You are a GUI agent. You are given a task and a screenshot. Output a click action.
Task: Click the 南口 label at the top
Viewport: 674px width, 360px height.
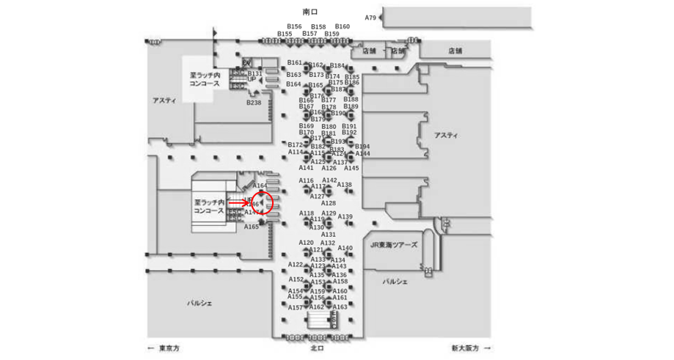[310, 12]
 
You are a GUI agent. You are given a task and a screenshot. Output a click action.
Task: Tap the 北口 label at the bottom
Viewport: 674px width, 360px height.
[317, 348]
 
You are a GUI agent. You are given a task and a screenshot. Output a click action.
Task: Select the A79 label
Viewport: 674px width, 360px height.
[370, 18]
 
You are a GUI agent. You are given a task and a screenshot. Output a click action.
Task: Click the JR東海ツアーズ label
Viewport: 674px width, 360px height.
[393, 245]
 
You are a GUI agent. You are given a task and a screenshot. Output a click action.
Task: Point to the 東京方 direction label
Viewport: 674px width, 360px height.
[166, 348]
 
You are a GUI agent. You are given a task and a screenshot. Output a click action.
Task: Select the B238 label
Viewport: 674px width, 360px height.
[253, 103]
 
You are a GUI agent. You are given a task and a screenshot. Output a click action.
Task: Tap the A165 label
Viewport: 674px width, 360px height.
[252, 227]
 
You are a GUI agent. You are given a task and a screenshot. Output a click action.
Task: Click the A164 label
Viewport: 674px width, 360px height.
[260, 186]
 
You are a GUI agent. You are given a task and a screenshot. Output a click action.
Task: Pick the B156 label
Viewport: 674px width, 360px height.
[294, 26]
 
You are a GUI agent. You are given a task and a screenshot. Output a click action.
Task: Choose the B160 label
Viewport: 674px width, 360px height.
[343, 26]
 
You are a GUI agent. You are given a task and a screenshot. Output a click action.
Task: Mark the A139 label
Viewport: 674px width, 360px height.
[345, 216]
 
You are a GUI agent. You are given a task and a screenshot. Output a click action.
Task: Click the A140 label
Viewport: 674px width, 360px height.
[345, 248]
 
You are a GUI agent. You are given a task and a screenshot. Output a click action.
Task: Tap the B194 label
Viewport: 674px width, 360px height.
[362, 147]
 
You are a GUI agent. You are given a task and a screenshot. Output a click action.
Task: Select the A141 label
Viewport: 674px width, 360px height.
[306, 168]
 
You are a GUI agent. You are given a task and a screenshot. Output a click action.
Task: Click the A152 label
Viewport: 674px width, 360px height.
[296, 279]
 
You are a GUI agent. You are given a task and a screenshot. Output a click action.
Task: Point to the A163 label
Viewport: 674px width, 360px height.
[340, 306]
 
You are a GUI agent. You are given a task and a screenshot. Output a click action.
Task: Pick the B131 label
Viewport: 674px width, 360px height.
[254, 73]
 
